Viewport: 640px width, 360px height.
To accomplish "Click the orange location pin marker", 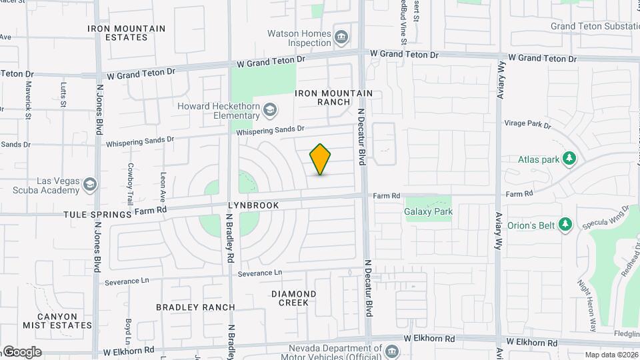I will (320, 159).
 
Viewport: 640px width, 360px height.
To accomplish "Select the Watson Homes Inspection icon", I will (342, 36).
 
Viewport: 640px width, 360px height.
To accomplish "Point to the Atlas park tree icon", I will (569, 159).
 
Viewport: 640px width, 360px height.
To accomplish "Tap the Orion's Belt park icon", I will (565, 224).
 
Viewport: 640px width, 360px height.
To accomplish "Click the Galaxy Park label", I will (428, 212).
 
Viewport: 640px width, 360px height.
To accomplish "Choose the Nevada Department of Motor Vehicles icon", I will (391, 351).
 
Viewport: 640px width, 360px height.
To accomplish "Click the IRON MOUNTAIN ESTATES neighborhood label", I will (127, 33).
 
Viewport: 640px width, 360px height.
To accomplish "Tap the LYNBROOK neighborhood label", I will (253, 206).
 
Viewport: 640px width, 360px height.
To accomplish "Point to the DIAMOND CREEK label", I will (294, 298).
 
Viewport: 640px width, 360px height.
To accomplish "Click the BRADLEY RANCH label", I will (195, 307).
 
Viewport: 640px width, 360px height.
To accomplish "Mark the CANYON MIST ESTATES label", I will (57, 321).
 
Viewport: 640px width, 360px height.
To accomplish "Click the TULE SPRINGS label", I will (98, 215).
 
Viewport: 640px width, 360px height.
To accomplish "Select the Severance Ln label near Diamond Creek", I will (260, 273).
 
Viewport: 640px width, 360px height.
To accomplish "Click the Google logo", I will (21, 351).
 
